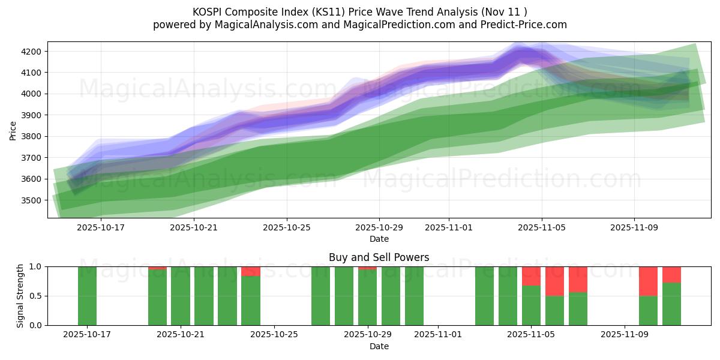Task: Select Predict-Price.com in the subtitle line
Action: pyautogui.click(x=528, y=25)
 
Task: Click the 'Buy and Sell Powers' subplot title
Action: pyautogui.click(x=379, y=257)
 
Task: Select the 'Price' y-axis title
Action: pyautogui.click(x=13, y=130)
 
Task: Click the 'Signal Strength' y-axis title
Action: pyautogui.click(x=20, y=296)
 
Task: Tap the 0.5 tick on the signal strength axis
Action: pyautogui.click(x=36, y=296)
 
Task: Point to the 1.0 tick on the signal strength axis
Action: pyautogui.click(x=36, y=266)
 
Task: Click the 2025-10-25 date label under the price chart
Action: pyautogui.click(x=286, y=227)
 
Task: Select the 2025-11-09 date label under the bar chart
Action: pyautogui.click(x=625, y=334)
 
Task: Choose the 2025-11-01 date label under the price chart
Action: pyautogui.click(x=449, y=227)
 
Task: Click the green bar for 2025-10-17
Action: pyautogui.click(x=87, y=296)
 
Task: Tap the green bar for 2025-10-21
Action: pyautogui.click(x=181, y=296)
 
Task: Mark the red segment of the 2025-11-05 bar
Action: pyautogui.click(x=531, y=276)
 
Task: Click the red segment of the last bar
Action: pyautogui.click(x=671, y=274)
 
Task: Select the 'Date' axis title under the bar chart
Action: pyautogui.click(x=379, y=346)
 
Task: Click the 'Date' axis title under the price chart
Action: pyautogui.click(x=379, y=239)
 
